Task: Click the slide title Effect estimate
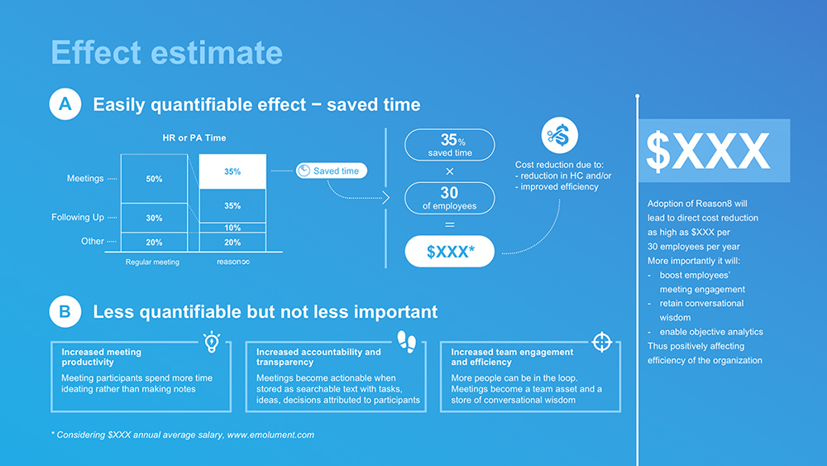pos(167,52)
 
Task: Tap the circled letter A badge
pos(65,104)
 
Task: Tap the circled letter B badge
pos(65,311)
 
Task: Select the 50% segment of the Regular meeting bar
pos(154,179)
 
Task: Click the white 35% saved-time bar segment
pos(232,171)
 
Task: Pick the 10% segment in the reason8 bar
pos(232,228)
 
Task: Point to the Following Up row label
pos(78,218)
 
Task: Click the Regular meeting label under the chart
pos(152,262)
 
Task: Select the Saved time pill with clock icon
pos(332,171)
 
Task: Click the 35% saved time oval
pos(449,145)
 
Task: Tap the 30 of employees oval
pos(449,198)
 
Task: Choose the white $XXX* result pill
pos(449,251)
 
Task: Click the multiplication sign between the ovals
pos(450,171)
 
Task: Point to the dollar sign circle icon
pos(560,135)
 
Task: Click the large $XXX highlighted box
pos(715,151)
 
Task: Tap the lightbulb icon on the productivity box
pos(212,342)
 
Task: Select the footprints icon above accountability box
pos(407,342)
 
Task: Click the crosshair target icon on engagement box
pos(602,342)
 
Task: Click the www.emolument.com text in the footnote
pos(270,435)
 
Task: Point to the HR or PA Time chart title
pos(194,137)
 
